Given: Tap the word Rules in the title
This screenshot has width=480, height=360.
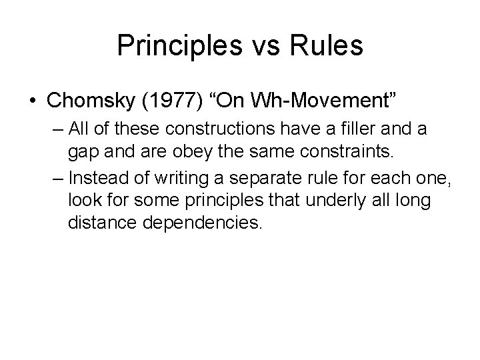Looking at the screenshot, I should tap(327, 46).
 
